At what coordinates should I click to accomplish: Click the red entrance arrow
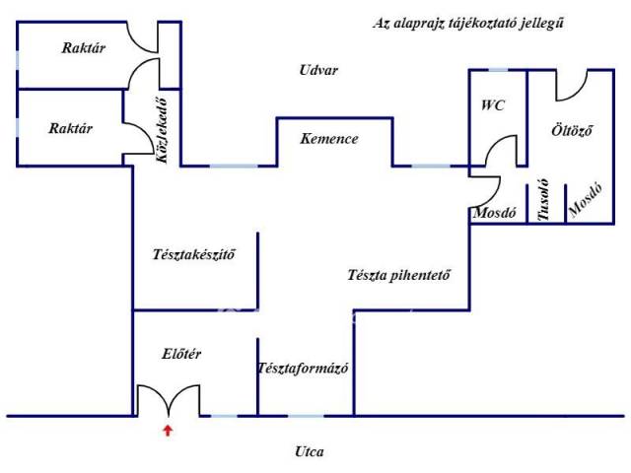(169, 430)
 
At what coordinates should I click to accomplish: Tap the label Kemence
(329, 139)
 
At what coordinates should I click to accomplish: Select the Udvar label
(318, 70)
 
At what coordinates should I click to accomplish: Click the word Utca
(309, 452)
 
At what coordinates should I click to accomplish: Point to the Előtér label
(181, 354)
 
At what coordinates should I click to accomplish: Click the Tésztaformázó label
(305, 369)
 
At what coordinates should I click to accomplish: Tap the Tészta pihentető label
(399, 275)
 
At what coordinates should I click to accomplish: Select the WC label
(493, 104)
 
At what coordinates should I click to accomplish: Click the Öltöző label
(572, 130)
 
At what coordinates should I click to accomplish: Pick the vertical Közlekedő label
(159, 126)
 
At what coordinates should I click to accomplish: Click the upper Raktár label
(84, 47)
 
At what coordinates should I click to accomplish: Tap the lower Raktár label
(71, 128)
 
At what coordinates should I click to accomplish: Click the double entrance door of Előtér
(169, 400)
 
